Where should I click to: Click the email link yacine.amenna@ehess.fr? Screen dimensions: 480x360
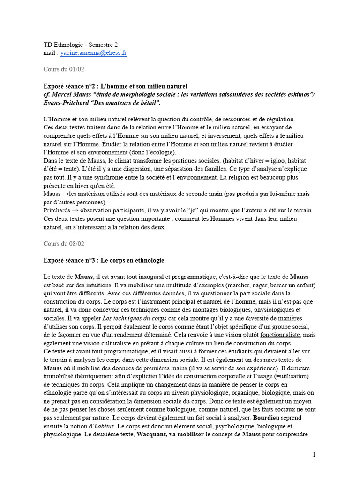[93, 53]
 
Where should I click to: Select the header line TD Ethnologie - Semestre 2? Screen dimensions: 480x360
[80, 45]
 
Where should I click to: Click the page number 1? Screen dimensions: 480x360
[314, 455]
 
